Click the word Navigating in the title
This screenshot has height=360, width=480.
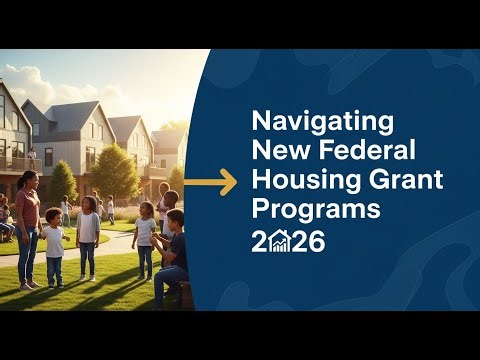(308, 122)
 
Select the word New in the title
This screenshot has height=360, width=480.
(275, 152)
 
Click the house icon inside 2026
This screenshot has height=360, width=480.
(280, 242)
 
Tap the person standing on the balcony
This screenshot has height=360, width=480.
(32, 157)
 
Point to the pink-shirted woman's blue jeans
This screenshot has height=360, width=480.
(27, 255)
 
